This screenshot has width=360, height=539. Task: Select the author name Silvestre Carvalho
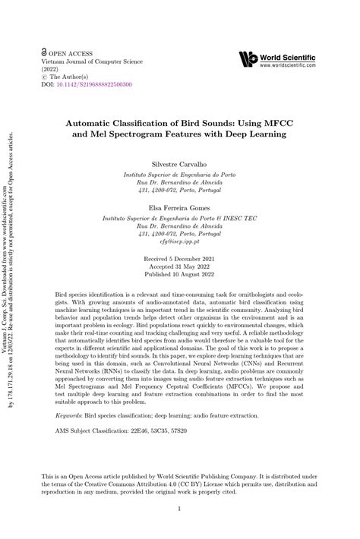pos(180,163)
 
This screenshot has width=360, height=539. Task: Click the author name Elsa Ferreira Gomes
pos(180,206)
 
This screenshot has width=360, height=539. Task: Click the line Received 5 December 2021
pos(180,260)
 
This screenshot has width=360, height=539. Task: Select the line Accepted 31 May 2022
pos(180,267)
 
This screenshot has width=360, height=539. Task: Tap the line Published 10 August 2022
pos(180,276)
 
